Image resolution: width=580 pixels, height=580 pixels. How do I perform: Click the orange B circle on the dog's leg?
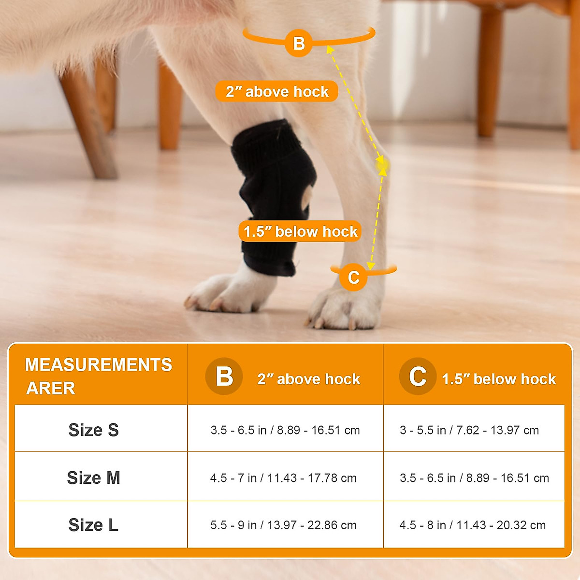click(299, 43)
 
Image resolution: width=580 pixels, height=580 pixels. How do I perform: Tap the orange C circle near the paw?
click(353, 277)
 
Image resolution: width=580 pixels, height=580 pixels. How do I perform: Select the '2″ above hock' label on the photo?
click(277, 91)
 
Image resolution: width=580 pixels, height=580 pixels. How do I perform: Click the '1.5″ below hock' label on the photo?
click(300, 232)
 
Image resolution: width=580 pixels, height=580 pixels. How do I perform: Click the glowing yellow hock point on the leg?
click(382, 166)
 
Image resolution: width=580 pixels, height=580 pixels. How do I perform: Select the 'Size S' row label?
click(93, 430)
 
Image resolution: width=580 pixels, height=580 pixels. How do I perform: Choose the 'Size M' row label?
click(93, 478)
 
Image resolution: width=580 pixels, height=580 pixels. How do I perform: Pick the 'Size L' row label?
click(93, 525)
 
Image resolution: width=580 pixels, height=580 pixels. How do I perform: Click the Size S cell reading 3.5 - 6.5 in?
click(285, 430)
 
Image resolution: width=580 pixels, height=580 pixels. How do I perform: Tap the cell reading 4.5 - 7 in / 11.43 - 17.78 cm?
click(283, 478)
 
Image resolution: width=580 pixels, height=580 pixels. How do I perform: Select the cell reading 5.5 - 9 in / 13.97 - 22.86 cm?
click(283, 525)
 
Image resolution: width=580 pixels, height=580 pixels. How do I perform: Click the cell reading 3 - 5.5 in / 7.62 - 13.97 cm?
click(469, 430)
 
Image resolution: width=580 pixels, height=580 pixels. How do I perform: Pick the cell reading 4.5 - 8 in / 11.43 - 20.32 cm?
click(472, 525)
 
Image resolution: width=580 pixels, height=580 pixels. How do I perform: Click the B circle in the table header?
click(224, 376)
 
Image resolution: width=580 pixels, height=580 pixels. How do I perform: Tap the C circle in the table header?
click(418, 376)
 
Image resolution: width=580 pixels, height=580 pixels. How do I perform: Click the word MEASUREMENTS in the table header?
click(98, 364)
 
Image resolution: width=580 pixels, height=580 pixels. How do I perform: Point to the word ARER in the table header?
click(51, 388)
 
